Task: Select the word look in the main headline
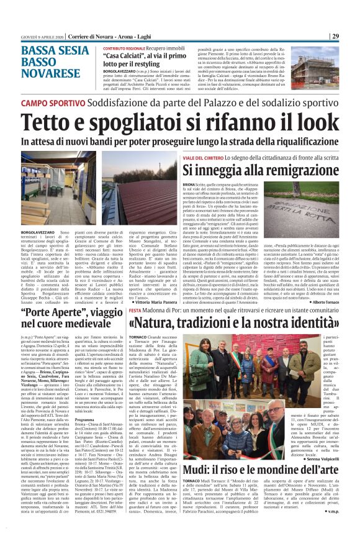click(x=315, y=121)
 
